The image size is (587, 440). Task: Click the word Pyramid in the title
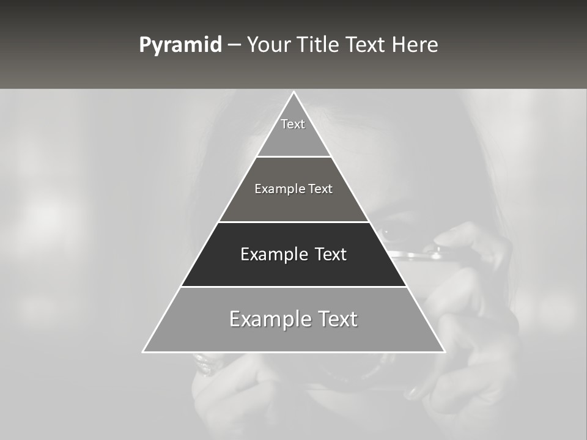[x=180, y=45]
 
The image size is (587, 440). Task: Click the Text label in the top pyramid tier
[x=293, y=124]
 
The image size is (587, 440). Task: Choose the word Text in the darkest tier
[x=331, y=254]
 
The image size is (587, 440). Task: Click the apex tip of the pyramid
[x=293, y=92]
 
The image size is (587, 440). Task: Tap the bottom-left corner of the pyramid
[x=143, y=352]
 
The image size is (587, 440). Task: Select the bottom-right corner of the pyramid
[x=445, y=352]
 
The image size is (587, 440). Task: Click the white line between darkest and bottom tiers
[x=293, y=287]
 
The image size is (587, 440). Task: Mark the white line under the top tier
[x=293, y=157]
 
